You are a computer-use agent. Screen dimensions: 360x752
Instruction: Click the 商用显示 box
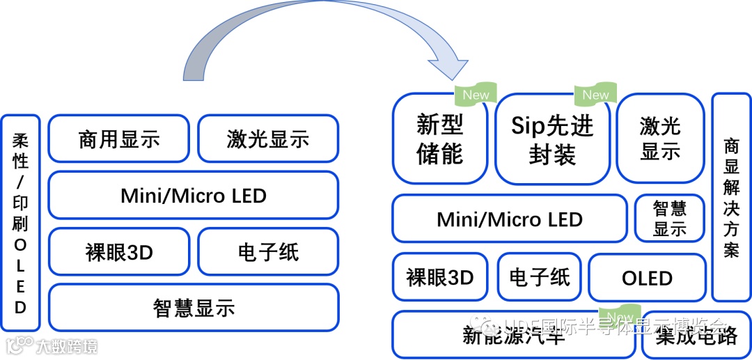pos(119,139)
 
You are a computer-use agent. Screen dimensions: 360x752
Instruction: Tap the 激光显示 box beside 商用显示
pos(268,139)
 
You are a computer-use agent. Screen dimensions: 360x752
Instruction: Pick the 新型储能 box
pos(440,139)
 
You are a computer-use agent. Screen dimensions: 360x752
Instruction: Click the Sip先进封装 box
pos(553,139)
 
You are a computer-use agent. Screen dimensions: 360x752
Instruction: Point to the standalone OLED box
pos(647,278)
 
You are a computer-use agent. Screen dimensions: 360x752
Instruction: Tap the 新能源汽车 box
pos(514,336)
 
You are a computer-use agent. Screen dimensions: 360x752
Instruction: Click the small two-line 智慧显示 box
pos(670,219)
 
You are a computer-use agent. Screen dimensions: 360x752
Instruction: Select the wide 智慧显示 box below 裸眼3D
pos(194,307)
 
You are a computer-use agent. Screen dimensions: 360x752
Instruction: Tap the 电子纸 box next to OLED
pos(540,278)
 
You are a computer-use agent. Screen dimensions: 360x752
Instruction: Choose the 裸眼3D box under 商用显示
pos(119,251)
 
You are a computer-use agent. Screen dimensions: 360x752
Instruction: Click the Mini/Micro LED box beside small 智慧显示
pos(510,219)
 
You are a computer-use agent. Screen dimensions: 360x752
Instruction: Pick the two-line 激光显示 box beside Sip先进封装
pos(660,139)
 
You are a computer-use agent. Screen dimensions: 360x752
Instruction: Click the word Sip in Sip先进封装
pos(527,125)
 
